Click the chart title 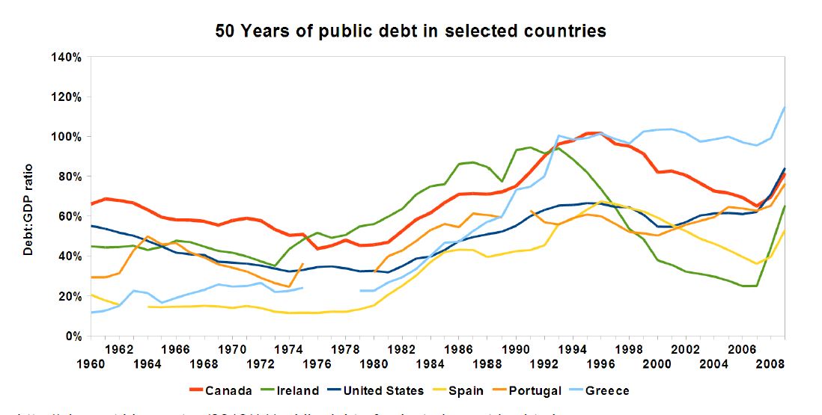tap(410, 31)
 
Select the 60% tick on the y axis tap(68, 216)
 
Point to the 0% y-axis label tap(71, 336)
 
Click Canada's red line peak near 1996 tap(594, 133)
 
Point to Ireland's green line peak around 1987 tap(470, 162)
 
